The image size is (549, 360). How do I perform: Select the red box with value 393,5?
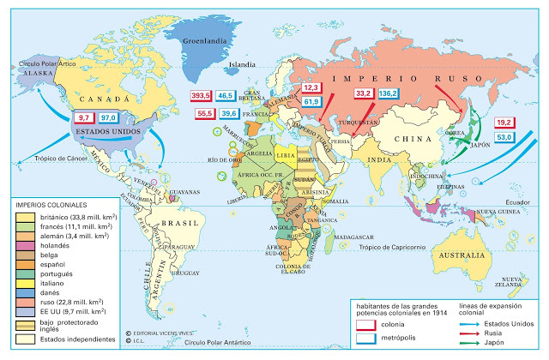point(202,96)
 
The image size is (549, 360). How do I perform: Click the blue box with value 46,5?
point(228,96)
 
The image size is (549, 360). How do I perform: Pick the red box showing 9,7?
point(84,117)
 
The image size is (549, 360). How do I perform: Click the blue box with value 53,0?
point(505,137)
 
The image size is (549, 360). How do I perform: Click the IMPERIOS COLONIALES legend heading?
point(51,206)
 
